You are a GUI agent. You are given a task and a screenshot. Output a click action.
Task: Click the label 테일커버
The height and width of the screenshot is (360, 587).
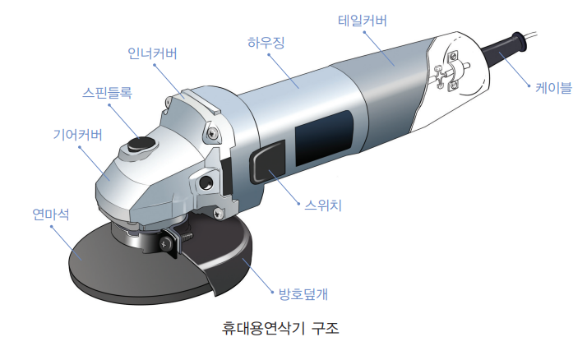[363, 21]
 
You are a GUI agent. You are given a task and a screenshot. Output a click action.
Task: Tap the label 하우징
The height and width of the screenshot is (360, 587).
[266, 43]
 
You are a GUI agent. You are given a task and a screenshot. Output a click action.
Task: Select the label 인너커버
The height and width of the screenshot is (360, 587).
[152, 53]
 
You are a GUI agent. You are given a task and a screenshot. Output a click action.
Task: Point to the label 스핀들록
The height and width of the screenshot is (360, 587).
[107, 92]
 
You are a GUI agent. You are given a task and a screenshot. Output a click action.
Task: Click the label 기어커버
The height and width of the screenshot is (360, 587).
[77, 134]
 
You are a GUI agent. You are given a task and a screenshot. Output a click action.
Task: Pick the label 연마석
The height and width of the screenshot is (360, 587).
[51, 215]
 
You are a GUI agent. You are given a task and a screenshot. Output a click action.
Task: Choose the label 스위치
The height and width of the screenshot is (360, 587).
[323, 205]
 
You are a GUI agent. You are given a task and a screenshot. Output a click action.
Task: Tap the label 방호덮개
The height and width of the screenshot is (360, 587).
[303, 294]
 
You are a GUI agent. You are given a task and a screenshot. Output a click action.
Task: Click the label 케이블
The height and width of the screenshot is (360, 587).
[553, 88]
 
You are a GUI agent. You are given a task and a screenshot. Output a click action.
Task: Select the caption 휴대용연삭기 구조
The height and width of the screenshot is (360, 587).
[280, 328]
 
